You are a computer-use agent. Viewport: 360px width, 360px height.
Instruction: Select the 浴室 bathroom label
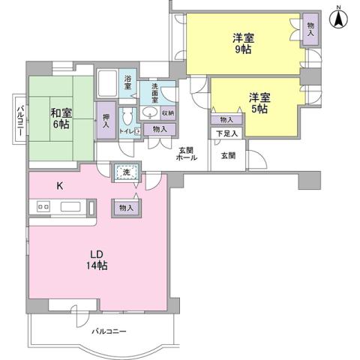point(127,82)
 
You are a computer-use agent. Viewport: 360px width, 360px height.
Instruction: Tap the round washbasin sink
point(150,113)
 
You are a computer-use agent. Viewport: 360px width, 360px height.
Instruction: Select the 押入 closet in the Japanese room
point(105,120)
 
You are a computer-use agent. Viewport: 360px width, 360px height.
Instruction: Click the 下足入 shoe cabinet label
point(226,133)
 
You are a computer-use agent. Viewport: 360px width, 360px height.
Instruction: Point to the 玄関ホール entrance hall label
point(187,153)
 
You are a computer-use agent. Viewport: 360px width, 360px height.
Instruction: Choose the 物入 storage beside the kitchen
point(126,208)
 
